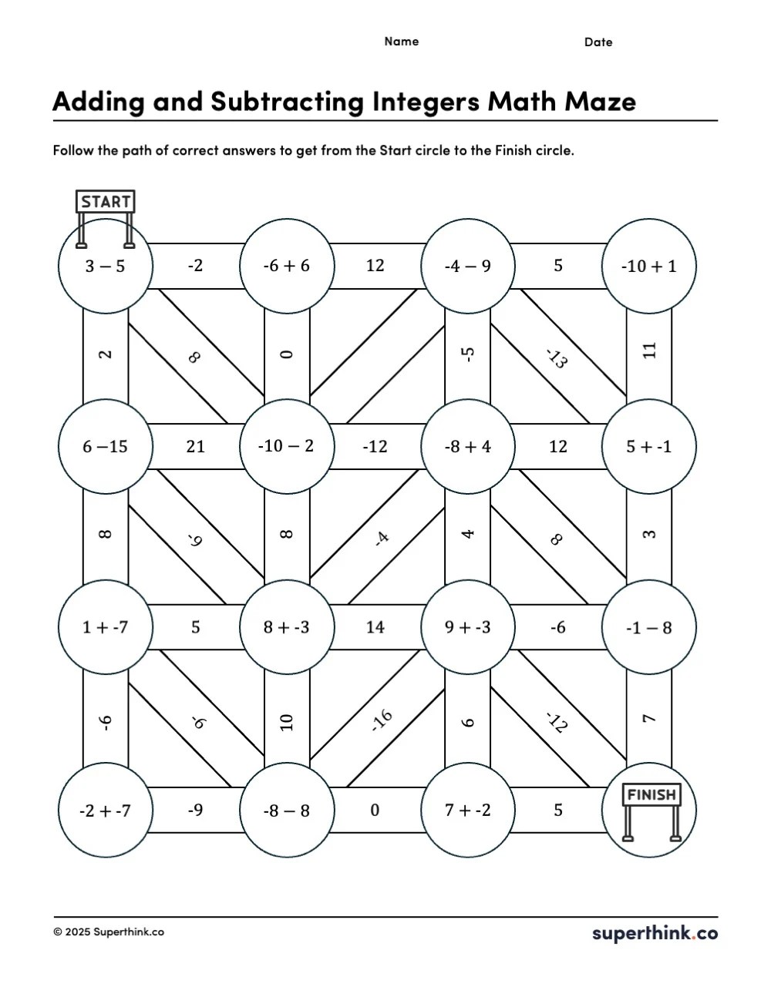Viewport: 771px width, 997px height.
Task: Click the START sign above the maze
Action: coord(106,202)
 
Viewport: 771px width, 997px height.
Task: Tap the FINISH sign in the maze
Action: coord(651,795)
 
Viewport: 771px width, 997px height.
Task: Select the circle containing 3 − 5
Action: coord(105,266)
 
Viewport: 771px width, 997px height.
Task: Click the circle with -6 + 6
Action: coord(287,266)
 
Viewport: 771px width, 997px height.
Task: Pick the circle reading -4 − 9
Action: coord(468,266)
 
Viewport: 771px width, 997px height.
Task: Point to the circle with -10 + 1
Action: coord(649,266)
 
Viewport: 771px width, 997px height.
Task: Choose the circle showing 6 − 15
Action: coord(105,446)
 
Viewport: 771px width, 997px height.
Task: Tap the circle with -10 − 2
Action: coord(287,446)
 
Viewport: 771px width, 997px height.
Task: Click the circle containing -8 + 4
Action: coord(468,446)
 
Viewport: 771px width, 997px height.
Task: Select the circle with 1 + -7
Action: coord(105,627)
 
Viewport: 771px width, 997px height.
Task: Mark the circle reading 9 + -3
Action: coord(468,627)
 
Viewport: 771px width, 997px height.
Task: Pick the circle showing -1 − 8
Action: coord(649,627)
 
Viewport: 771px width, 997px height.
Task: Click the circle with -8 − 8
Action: coord(287,810)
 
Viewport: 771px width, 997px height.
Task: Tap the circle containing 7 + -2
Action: coord(468,810)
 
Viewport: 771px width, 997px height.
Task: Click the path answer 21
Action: coord(196,446)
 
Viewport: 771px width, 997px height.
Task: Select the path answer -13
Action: coord(557,358)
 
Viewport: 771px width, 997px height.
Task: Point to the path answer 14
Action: coord(375,627)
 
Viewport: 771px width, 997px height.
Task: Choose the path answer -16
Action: coord(382,720)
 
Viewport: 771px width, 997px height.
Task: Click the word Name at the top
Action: coord(402,42)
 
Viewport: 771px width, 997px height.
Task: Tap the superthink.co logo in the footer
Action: coord(655,933)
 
